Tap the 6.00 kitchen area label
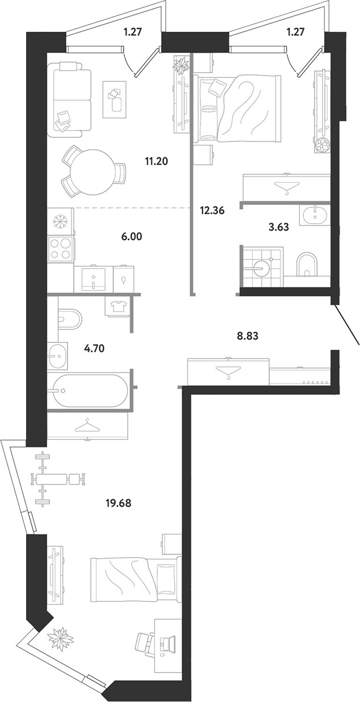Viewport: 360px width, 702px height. (x=131, y=237)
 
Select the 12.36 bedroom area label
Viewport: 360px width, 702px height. (x=212, y=211)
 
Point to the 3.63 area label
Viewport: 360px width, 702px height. (x=278, y=227)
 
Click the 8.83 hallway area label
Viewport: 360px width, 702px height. (x=248, y=336)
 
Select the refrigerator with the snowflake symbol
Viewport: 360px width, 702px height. (x=61, y=222)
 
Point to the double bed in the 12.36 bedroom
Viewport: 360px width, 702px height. (x=237, y=107)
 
